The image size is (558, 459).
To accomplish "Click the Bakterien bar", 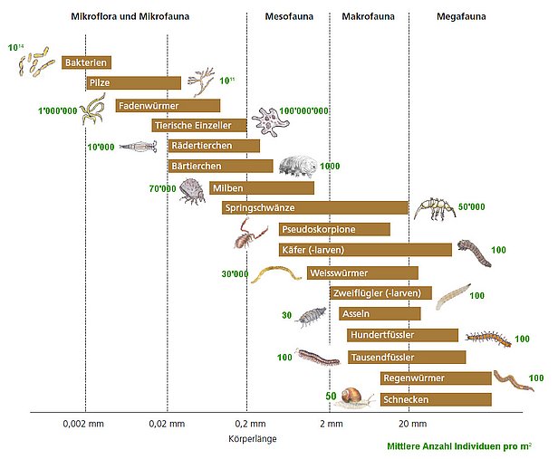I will coord(87,62).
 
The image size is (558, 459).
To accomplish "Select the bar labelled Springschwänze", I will coord(315,208).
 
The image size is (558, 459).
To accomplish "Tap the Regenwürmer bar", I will coord(435,378).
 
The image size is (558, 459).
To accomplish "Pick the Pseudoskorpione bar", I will coord(334,229).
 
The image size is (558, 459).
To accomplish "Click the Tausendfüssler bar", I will coord(406,357).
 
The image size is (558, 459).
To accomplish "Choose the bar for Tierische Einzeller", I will coord(198,125).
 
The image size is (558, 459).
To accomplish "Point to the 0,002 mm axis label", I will coord(86,423).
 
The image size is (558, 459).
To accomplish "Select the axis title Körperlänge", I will coord(253,438).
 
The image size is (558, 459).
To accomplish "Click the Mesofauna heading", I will coord(289,17).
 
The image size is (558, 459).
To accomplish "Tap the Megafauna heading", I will coord(460,17).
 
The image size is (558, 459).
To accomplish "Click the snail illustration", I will coord(356,396).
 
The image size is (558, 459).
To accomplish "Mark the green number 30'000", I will coord(235,273).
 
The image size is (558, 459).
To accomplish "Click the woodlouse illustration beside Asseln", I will coord(313,316).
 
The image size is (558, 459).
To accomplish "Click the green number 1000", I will coord(330,167).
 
